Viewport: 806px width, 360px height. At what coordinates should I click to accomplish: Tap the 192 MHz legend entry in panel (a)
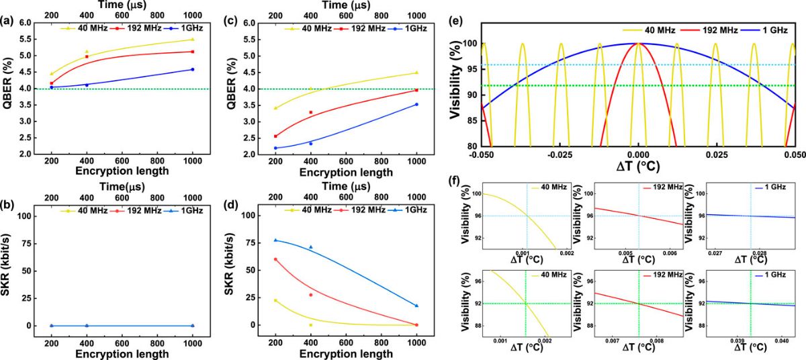128,29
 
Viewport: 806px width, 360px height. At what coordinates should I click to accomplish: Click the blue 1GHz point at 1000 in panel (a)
193,69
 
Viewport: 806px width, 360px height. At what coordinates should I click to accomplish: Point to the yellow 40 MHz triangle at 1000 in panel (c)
416,73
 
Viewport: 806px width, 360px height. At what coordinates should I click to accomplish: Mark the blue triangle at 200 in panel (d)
275,240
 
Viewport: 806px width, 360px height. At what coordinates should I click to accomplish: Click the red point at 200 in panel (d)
275,259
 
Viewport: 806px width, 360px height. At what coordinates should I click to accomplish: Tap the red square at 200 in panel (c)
275,136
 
